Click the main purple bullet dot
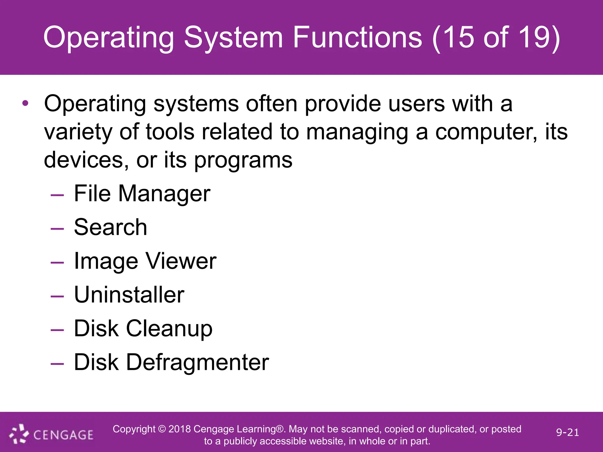click(25, 103)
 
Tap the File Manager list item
click(142, 194)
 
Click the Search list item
click(110, 227)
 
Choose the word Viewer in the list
click(181, 261)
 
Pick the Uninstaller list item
click(129, 295)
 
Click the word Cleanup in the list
click(169, 329)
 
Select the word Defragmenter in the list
click(197, 362)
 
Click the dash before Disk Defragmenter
click(57, 364)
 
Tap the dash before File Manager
click(57, 195)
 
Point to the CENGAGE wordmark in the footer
click(63, 435)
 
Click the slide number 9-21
click(567, 432)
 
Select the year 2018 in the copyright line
click(180, 429)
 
